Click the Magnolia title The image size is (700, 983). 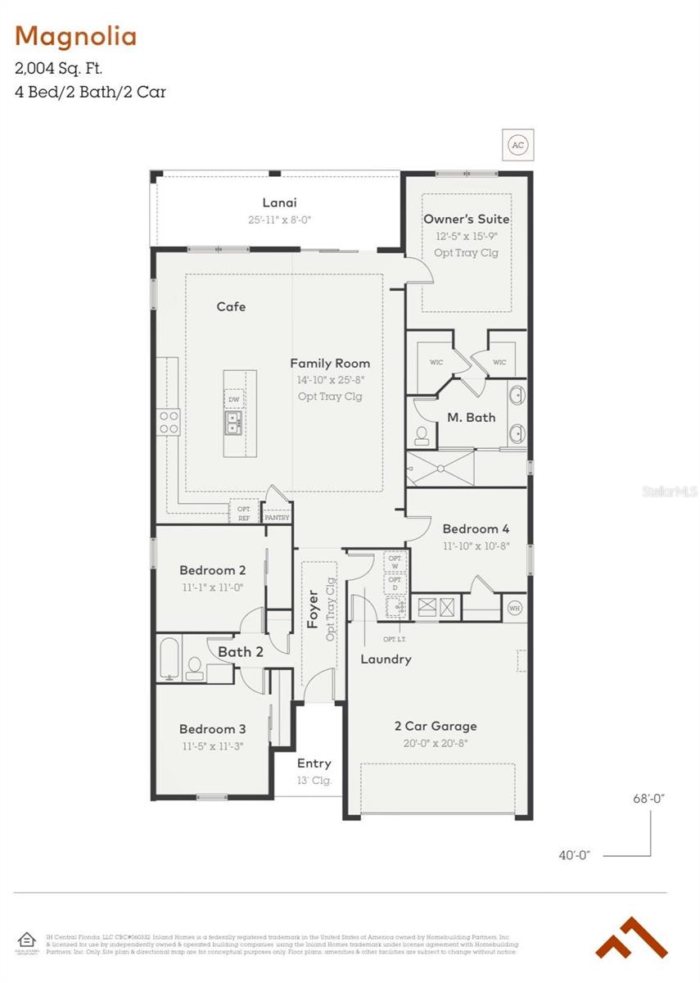point(76,36)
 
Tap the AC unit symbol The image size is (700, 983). point(517,145)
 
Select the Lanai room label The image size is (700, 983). point(279,202)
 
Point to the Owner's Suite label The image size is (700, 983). point(466,219)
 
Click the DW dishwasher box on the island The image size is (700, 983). point(234,400)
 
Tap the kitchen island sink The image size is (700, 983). point(234,422)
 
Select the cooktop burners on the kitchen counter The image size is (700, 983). point(169,423)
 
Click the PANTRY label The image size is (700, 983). point(277,518)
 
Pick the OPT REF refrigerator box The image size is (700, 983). point(244,513)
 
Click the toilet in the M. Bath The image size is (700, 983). point(422,433)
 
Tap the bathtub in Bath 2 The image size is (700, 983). point(169,659)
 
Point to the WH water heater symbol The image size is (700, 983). point(514,608)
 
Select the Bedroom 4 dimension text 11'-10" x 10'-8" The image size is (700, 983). point(476,546)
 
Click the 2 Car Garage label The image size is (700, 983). point(435,726)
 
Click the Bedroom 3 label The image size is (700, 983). point(212,729)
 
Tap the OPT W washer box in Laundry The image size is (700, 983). point(395,560)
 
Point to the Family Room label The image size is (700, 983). point(330,363)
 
